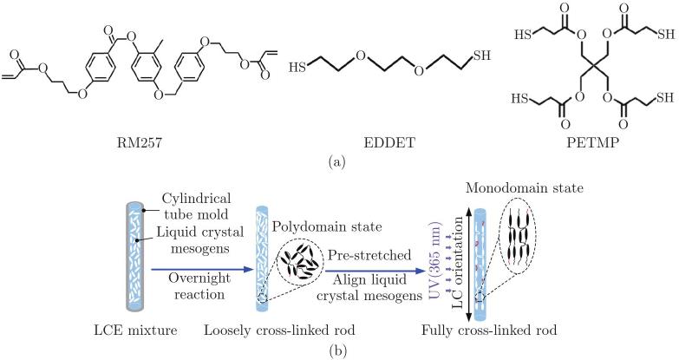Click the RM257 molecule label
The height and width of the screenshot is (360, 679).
point(140,142)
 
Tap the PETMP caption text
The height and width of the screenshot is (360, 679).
point(592,142)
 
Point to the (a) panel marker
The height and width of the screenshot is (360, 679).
point(338,162)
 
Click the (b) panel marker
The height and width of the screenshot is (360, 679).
point(338,349)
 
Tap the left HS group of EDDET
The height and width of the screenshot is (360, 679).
point(297,68)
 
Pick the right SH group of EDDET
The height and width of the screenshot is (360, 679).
point(482,55)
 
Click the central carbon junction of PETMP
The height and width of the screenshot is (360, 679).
point(594,67)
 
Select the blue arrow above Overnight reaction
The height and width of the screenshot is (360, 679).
point(202,270)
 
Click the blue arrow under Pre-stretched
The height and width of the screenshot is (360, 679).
point(374,272)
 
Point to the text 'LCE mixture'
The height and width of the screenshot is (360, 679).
point(135,331)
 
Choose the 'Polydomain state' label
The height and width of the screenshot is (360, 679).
point(328,226)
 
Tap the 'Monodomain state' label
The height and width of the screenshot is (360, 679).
point(525,188)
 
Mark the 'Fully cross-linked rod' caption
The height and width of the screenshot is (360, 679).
point(489,331)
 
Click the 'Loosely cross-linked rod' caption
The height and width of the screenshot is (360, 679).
point(279,331)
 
